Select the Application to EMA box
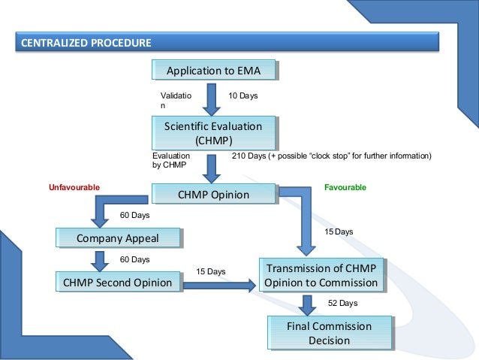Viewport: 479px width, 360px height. coord(213,71)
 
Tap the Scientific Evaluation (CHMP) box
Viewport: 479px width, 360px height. coord(213,133)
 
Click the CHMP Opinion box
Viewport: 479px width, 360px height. coord(212,195)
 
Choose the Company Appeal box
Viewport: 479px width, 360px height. coord(119,238)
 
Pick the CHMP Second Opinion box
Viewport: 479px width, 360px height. coord(119,283)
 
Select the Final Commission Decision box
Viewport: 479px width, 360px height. coord(330,334)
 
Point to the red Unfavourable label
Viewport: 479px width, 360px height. coord(74,186)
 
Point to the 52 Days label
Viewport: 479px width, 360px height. coord(342,303)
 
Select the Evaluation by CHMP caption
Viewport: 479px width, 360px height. coord(170,161)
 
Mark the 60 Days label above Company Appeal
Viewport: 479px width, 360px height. coord(135,216)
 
